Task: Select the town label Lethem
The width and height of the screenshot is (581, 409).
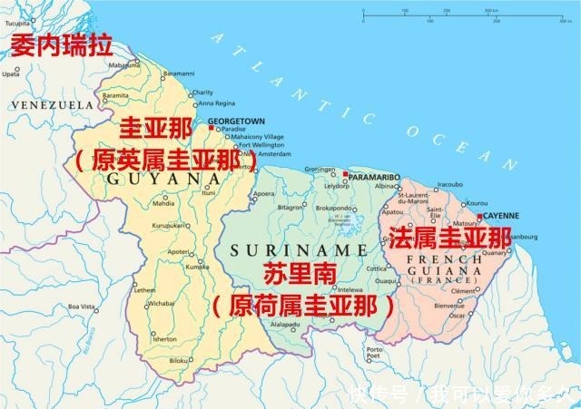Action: (x=145, y=289)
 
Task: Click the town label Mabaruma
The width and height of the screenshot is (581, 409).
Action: (x=124, y=65)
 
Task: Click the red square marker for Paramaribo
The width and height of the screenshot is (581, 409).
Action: (x=346, y=172)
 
